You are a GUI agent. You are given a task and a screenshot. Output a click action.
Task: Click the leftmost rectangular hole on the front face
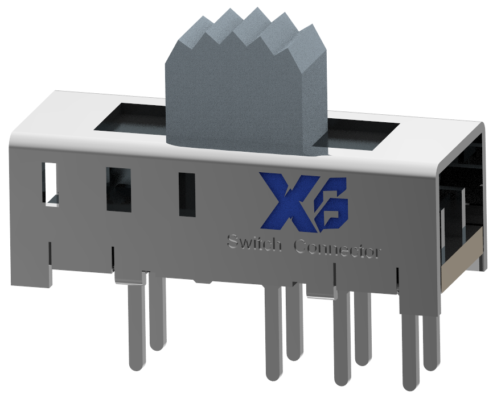[x=50, y=183]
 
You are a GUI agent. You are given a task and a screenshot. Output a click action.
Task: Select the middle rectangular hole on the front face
[x=118, y=190]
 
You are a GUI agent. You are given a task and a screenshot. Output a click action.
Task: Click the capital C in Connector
[x=301, y=247]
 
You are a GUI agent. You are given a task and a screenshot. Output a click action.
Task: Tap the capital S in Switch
[x=232, y=241]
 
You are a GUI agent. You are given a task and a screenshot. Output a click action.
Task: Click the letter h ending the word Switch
[x=278, y=244]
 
